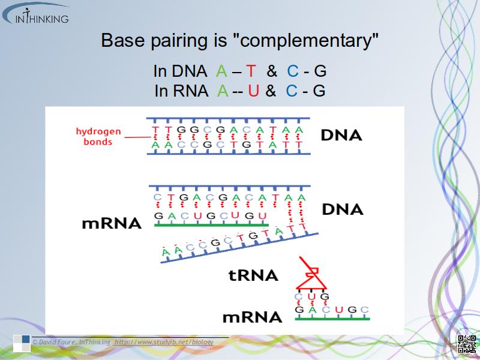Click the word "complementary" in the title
click(x=306, y=41)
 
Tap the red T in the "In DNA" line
click(x=251, y=71)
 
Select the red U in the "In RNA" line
click(x=253, y=91)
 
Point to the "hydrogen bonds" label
click(x=98, y=137)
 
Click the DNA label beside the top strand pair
click(x=341, y=135)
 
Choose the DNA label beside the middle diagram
click(x=343, y=209)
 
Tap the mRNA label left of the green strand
click(x=112, y=224)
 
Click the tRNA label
click(x=254, y=275)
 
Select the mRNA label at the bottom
click(x=252, y=317)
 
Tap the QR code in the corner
click(x=467, y=344)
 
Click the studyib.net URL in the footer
click(x=163, y=342)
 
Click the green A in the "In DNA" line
click(x=221, y=71)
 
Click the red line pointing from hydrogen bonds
click(x=137, y=137)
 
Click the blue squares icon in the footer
click(x=22, y=342)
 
